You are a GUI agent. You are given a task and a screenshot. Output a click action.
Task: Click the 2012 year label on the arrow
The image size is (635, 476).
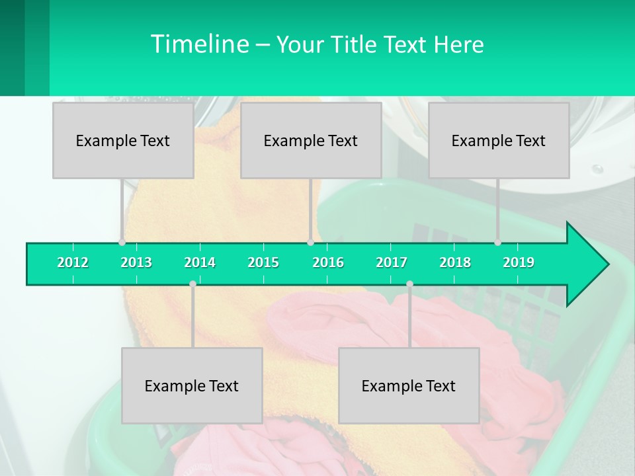73,262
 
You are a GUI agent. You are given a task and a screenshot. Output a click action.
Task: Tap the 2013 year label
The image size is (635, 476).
136,262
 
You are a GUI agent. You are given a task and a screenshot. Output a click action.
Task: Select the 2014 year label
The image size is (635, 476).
200,262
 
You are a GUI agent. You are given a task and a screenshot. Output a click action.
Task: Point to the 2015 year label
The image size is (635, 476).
263,262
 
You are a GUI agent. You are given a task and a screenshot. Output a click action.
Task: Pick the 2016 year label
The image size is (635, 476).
328,262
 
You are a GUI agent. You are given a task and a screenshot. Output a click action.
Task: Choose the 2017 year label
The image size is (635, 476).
392,262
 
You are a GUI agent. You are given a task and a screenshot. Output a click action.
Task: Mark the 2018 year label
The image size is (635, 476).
455,262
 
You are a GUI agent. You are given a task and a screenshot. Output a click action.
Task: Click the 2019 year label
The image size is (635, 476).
519,262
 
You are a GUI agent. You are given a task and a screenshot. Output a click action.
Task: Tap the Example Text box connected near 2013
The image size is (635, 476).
123,140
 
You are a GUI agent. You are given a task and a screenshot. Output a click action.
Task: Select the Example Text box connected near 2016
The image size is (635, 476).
311,140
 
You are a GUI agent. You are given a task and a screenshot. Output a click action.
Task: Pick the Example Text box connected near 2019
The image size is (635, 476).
499,140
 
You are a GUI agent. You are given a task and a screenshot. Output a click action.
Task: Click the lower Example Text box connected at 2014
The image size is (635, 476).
192,385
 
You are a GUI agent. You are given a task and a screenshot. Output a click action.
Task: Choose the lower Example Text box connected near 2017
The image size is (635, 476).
409,385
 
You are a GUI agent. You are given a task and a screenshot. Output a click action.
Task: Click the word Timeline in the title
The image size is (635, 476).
199,44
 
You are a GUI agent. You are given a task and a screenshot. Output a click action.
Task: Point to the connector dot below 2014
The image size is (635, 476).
192,284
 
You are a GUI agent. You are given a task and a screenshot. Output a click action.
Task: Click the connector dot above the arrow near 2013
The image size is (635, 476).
122,243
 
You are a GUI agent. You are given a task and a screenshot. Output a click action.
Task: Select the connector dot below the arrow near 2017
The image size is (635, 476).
409,284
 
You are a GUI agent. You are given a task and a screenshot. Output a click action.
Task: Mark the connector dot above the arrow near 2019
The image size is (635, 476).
497,243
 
